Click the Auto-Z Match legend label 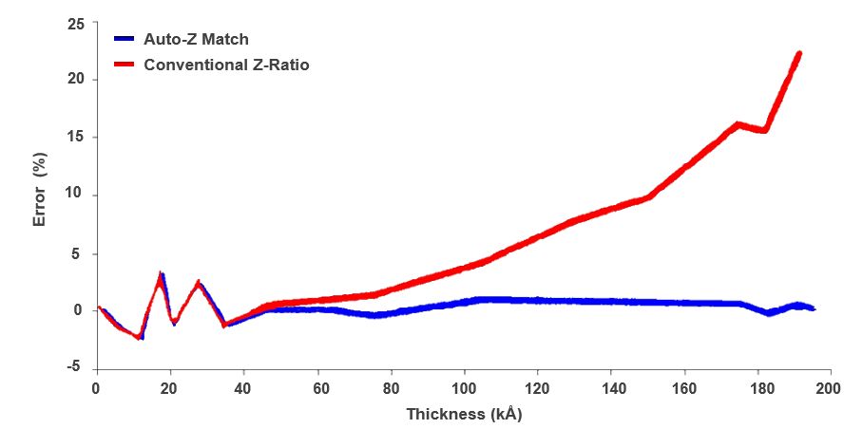[x=196, y=40]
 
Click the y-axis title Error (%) [x=39, y=194]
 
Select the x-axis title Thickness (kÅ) [x=464, y=415]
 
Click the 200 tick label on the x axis [x=830, y=388]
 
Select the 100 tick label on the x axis [x=464, y=388]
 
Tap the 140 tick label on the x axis [x=610, y=388]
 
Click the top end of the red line [x=798, y=54]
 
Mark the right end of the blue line [x=814, y=309]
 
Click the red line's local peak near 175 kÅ [x=738, y=124]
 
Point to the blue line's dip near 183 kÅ [x=768, y=313]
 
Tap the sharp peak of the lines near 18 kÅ [x=161, y=276]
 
